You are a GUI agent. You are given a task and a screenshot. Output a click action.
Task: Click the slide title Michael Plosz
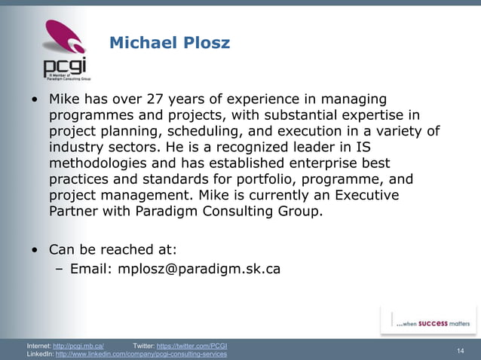tap(170, 43)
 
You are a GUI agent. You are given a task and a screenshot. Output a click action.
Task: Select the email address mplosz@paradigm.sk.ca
tap(199, 267)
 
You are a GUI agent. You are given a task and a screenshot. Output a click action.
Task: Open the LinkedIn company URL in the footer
tap(141, 354)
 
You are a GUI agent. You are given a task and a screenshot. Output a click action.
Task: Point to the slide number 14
tap(461, 351)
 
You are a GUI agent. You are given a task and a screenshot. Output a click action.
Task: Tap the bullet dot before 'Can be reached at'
tap(35, 249)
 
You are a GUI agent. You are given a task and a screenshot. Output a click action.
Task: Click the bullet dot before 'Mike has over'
tap(35, 100)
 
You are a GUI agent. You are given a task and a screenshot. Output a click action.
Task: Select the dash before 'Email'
tap(60, 267)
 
